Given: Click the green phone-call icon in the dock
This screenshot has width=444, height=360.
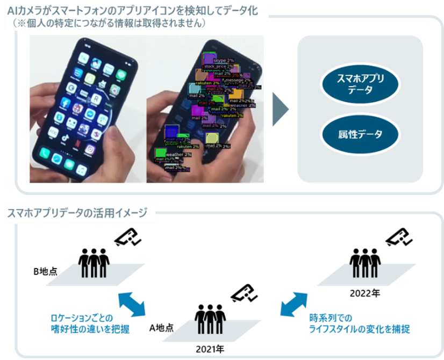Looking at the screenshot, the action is click(x=45, y=154).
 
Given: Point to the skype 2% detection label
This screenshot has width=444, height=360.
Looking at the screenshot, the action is click(x=224, y=61).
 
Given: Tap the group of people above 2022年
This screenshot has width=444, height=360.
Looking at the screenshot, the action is click(x=366, y=264).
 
